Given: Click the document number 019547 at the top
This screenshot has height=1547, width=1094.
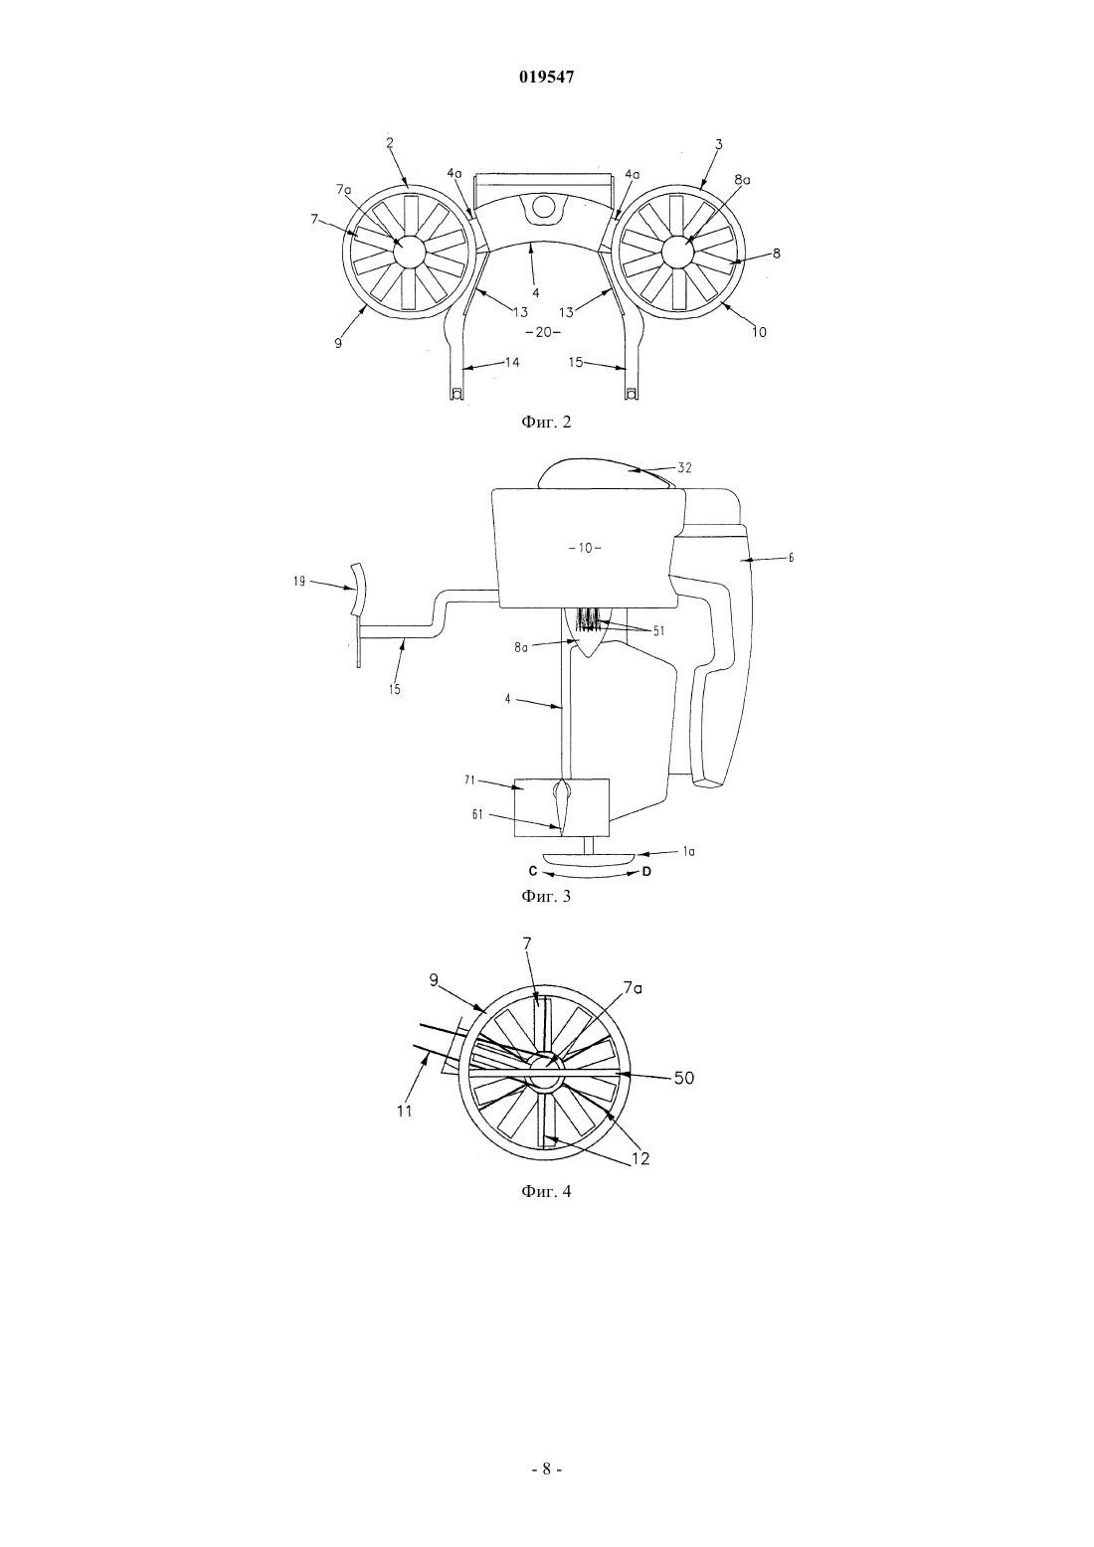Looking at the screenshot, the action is [x=546, y=78].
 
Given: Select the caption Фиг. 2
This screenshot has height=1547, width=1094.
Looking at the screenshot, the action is [x=546, y=422].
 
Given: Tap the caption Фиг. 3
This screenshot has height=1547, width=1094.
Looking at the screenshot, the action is [x=546, y=897].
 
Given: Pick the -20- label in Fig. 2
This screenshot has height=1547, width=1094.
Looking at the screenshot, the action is [x=544, y=332].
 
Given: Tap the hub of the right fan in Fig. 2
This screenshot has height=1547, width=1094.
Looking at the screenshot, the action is [x=677, y=251].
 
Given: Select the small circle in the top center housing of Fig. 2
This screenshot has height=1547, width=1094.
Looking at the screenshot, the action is [x=543, y=205].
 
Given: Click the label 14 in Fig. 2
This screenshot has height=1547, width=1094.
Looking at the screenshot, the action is [x=512, y=362].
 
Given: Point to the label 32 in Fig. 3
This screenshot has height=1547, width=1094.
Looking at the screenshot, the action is [x=684, y=467].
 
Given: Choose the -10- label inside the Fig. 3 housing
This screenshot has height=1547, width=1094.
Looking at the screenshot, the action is [x=585, y=549].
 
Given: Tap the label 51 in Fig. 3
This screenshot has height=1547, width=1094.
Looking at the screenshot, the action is [x=658, y=630].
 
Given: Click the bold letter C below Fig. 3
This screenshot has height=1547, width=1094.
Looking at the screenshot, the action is [x=533, y=872].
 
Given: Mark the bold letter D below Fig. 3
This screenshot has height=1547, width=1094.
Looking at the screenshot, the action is [x=646, y=872].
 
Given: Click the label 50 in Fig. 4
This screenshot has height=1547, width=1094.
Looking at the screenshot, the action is [x=684, y=1078].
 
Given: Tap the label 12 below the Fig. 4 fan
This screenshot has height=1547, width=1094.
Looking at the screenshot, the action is [x=640, y=1158].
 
